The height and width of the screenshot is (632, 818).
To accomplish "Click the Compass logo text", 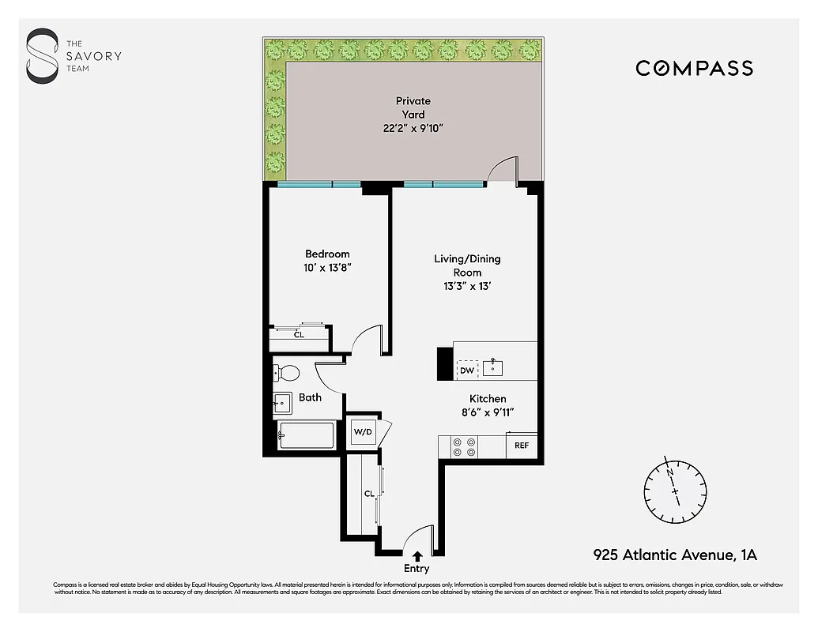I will pyautogui.click(x=694, y=69).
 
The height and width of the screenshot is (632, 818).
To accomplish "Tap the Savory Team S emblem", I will pyautogui.click(x=42, y=55).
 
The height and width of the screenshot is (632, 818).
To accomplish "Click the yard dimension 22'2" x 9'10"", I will pyautogui.click(x=413, y=128).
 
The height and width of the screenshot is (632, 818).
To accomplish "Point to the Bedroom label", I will pyautogui.click(x=327, y=254).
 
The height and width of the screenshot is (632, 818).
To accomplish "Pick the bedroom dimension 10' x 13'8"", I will pyautogui.click(x=327, y=268).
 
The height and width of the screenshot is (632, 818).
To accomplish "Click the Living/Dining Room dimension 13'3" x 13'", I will pyautogui.click(x=467, y=286).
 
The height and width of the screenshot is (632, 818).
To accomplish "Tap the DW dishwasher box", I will pyautogui.click(x=467, y=369).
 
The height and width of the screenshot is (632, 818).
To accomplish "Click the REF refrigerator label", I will pyautogui.click(x=522, y=446).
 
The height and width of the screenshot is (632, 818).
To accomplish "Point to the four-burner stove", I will pyautogui.click(x=462, y=447).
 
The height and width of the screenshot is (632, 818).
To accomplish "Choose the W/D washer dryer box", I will pyautogui.click(x=363, y=432).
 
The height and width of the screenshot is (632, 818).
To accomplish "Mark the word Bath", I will pyautogui.click(x=310, y=397).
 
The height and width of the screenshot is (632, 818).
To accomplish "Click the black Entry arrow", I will pyautogui.click(x=417, y=557).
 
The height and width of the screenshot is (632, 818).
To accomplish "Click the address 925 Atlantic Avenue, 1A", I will pyautogui.click(x=675, y=555).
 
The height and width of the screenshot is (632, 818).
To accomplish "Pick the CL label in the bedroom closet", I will pyautogui.click(x=299, y=335).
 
